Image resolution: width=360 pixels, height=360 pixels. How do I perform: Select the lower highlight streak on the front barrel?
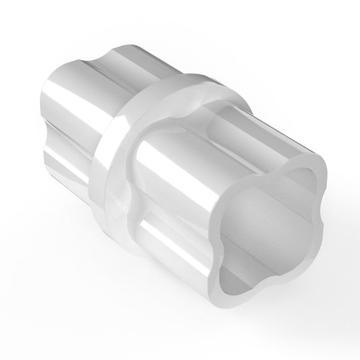tap(169, 233)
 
